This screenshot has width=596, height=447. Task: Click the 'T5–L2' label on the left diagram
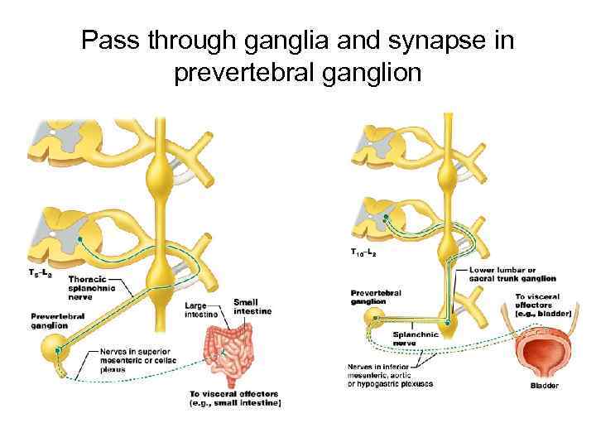41,272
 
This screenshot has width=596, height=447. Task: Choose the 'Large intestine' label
201,310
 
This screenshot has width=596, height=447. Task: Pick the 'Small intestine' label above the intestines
251,305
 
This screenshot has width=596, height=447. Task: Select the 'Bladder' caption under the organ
544,385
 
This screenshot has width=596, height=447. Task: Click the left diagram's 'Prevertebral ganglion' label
55,320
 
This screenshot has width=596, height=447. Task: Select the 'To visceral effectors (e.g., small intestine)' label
237,398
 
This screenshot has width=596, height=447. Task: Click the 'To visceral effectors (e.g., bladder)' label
537,305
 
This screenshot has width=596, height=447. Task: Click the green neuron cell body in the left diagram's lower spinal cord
79,239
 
